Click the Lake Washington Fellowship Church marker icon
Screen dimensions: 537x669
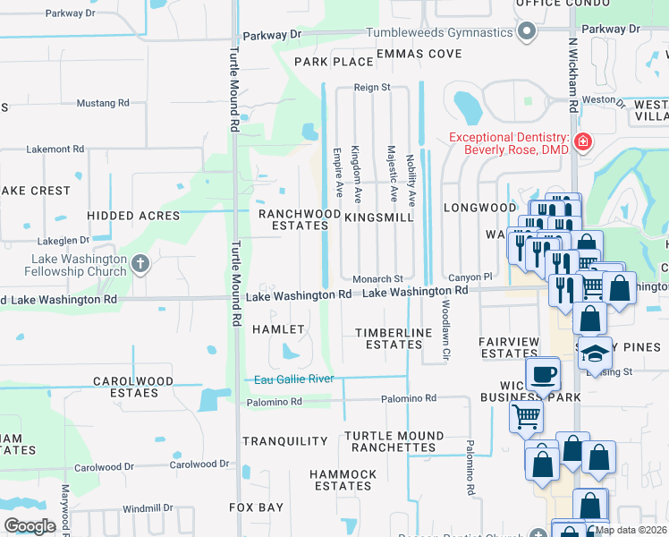[140, 263]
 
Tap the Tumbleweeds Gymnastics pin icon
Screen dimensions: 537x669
[527, 33]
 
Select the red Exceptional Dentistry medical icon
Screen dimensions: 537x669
[582, 141]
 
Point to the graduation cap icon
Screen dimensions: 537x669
[594, 354]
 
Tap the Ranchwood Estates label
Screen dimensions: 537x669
[293, 220]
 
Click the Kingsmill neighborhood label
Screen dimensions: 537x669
[378, 217]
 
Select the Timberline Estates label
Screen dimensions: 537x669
[394, 338]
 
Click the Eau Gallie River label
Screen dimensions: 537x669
[294, 379]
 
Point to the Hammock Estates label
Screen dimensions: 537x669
[343, 480]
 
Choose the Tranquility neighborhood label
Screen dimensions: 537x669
[285, 441]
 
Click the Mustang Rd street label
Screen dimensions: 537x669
[104, 103]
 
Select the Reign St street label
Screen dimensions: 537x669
[372, 88]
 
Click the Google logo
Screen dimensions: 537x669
[30, 526]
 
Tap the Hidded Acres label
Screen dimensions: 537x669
[133, 216]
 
